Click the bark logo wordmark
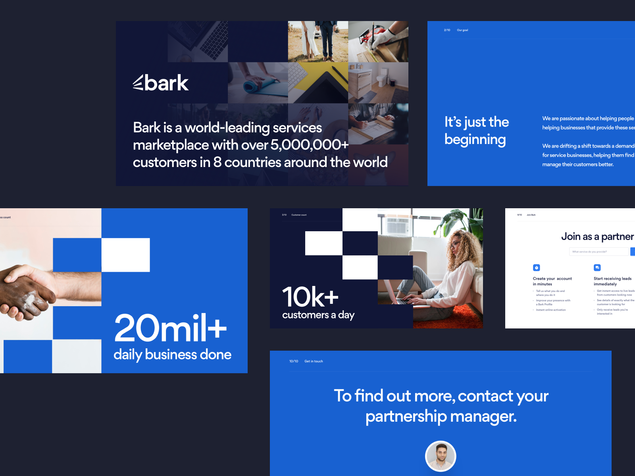click(161, 83)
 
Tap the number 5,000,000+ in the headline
click(309, 145)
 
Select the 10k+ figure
click(310, 297)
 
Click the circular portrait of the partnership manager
click(441, 456)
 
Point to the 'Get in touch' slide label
click(314, 361)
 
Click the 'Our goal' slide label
click(462, 30)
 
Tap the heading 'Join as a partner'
click(597, 237)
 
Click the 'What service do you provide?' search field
click(599, 251)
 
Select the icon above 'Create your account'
click(537, 268)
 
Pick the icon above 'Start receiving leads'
click(597, 268)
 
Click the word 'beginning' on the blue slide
click(475, 140)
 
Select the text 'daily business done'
click(172, 355)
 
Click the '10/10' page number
click(294, 361)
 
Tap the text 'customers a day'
click(318, 315)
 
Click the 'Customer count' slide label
click(299, 215)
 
